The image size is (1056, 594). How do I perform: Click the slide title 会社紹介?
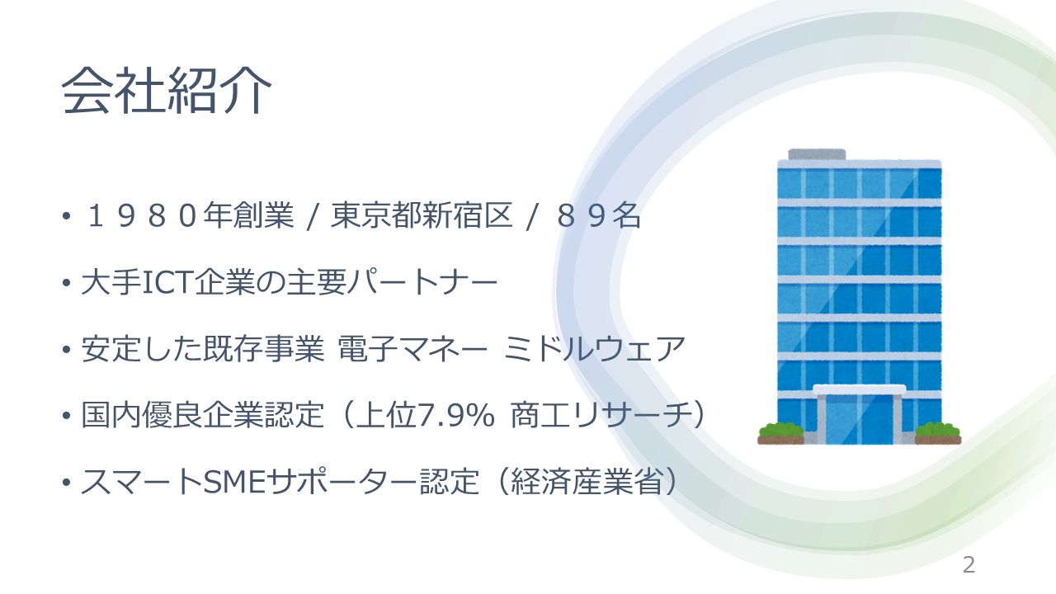(167, 90)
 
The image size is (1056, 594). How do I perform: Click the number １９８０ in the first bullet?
(141, 216)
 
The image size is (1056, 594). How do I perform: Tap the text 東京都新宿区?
(422, 216)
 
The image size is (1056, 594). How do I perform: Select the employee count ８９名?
(598, 216)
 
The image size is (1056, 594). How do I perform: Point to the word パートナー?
(422, 282)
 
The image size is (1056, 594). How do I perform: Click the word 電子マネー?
(412, 349)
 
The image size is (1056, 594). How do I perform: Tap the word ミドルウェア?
(594, 349)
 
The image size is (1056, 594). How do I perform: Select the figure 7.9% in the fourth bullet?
(456, 415)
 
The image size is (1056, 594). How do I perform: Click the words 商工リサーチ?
(601, 415)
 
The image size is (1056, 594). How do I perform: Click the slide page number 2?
(969, 565)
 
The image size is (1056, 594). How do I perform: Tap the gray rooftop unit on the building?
(817, 154)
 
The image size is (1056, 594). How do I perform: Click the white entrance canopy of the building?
(860, 389)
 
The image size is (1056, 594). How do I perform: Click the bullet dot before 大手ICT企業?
(67, 283)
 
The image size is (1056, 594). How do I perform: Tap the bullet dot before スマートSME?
(67, 483)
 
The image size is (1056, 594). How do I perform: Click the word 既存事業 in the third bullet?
(263, 349)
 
